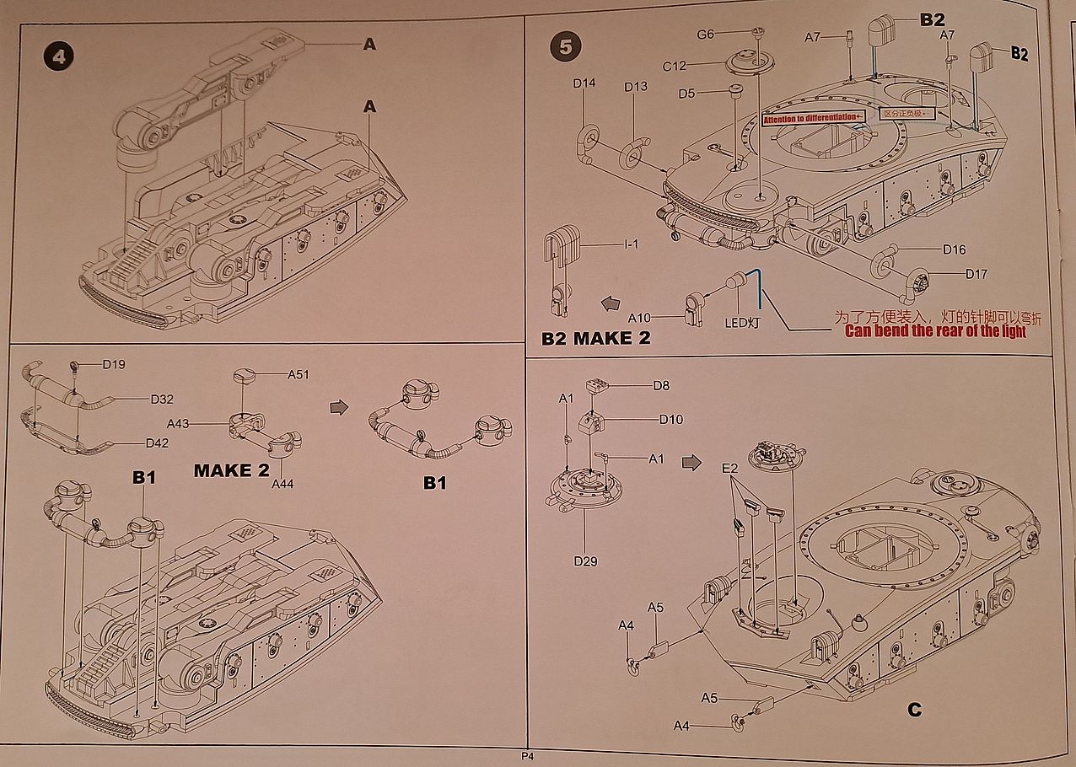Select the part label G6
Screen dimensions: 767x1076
(x=705, y=34)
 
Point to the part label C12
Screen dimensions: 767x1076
(x=674, y=66)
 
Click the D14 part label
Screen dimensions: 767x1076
(x=584, y=83)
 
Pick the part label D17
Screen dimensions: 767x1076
(x=953, y=274)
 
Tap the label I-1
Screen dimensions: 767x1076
(x=632, y=244)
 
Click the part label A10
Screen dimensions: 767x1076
(x=640, y=318)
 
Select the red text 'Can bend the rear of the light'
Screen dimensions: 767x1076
(x=935, y=331)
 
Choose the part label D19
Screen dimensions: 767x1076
(x=114, y=364)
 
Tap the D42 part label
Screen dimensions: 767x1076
(x=158, y=443)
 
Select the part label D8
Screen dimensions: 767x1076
(x=661, y=386)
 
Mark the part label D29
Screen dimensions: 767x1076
(x=585, y=560)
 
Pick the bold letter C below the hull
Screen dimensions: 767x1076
(x=914, y=710)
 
